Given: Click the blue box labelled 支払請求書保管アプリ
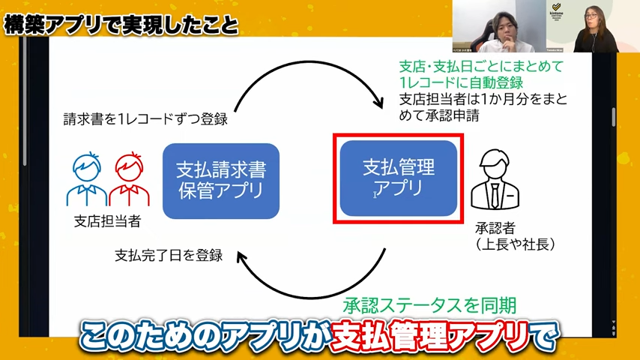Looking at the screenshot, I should (221, 180).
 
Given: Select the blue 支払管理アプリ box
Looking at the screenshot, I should (398, 178).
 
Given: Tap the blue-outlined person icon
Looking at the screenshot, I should (87, 180).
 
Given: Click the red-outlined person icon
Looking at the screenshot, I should (129, 180).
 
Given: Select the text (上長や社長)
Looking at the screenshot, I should (514, 244).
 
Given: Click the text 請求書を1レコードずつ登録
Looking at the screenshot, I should (145, 118).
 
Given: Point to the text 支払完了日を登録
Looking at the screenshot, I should (169, 254).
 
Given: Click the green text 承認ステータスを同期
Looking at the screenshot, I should (429, 306).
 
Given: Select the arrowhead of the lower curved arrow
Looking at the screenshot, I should (242, 257).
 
